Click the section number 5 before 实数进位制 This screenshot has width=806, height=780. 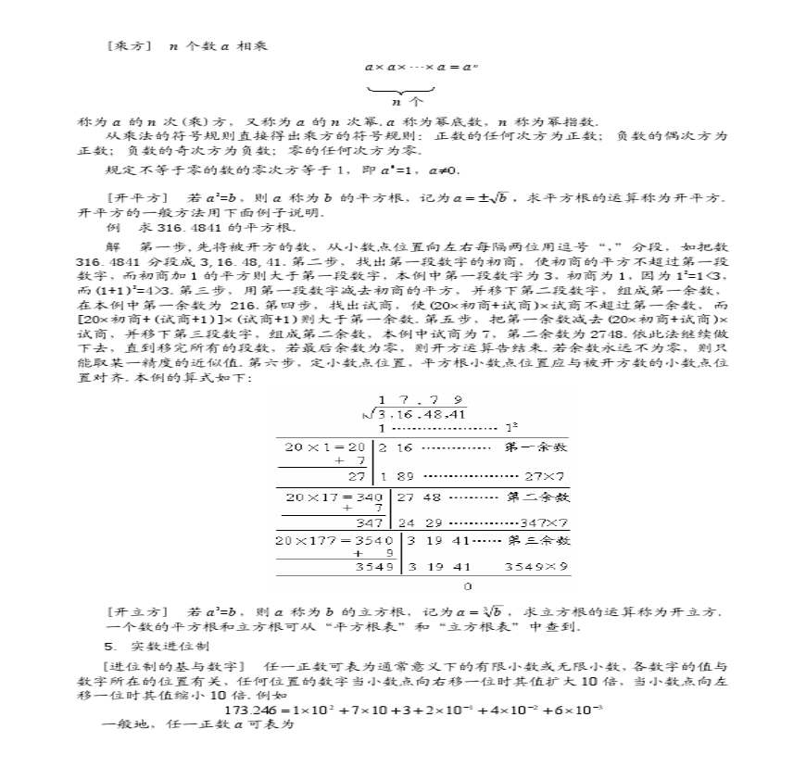tap(108, 645)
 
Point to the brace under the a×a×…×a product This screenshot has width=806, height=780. tap(399, 90)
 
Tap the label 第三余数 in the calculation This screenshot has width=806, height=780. tap(537, 539)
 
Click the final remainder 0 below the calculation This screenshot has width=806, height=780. tap(467, 586)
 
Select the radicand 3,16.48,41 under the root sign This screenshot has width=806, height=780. tap(422, 413)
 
